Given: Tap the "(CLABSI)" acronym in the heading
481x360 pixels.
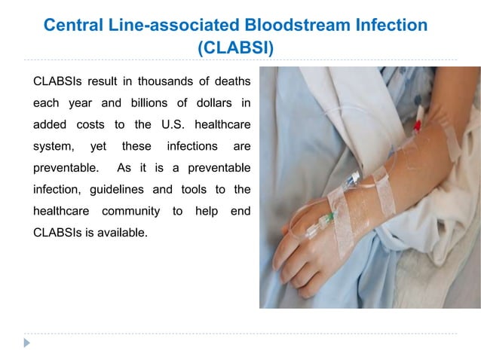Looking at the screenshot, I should (x=235, y=50).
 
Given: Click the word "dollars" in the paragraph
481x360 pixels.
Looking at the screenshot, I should (x=207, y=102).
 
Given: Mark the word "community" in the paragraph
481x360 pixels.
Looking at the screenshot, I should (x=127, y=211).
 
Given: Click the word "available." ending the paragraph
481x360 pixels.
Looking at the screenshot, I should (x=118, y=233).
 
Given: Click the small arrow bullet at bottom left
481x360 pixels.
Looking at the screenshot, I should (x=28, y=343).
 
